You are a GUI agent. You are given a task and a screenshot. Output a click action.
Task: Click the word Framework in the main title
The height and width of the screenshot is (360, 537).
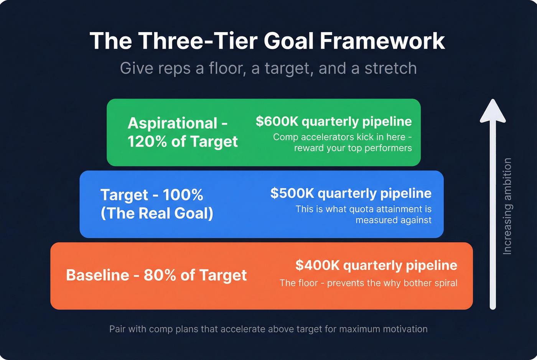tap(382, 41)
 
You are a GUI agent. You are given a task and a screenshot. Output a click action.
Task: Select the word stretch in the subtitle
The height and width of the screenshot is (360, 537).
tap(390, 68)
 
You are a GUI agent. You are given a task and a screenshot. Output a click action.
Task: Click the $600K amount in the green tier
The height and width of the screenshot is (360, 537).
tap(277, 122)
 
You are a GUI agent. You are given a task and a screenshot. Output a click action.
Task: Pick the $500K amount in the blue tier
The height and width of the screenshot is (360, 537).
tap(292, 193)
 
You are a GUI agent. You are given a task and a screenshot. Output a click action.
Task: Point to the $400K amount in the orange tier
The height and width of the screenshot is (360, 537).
tap(317, 265)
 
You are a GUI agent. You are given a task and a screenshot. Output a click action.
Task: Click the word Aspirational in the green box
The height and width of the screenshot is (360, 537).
tap(173, 123)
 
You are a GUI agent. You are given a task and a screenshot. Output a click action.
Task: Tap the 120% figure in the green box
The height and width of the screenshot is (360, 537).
tap(147, 142)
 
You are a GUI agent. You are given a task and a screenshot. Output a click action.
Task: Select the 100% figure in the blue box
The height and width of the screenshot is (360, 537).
tap(183, 195)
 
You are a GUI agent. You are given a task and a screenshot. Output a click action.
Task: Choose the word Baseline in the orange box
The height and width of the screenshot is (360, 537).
tap(97, 275)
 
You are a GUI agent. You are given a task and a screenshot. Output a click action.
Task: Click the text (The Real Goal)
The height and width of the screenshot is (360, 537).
tap(157, 214)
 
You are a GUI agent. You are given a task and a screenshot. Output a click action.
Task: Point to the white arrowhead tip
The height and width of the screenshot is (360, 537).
tap(493, 102)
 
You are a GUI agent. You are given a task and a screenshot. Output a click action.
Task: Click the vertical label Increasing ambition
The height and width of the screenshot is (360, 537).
tap(507, 206)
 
